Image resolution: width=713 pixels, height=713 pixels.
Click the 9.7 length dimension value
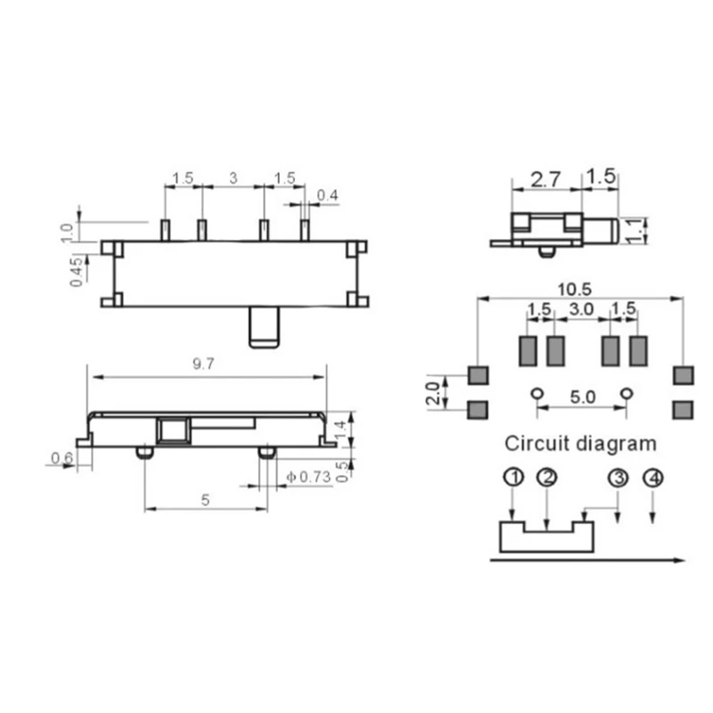[207, 363]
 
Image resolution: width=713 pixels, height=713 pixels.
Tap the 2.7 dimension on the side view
[545, 178]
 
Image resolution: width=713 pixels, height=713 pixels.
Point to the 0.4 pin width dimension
[328, 195]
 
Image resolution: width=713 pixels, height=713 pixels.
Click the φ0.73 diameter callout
[309, 478]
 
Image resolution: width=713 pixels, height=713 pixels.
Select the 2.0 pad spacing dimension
[433, 392]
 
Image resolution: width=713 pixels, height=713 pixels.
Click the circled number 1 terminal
[512, 478]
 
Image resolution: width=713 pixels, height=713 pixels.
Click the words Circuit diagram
[580, 442]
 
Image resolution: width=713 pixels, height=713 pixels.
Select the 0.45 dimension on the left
[78, 271]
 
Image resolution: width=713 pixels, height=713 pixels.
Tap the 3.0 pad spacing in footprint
[582, 309]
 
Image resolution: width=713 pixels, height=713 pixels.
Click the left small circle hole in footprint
[536, 393]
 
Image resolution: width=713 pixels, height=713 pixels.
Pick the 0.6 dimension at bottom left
[61, 458]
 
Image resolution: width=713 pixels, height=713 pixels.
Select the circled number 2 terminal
[547, 478]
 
